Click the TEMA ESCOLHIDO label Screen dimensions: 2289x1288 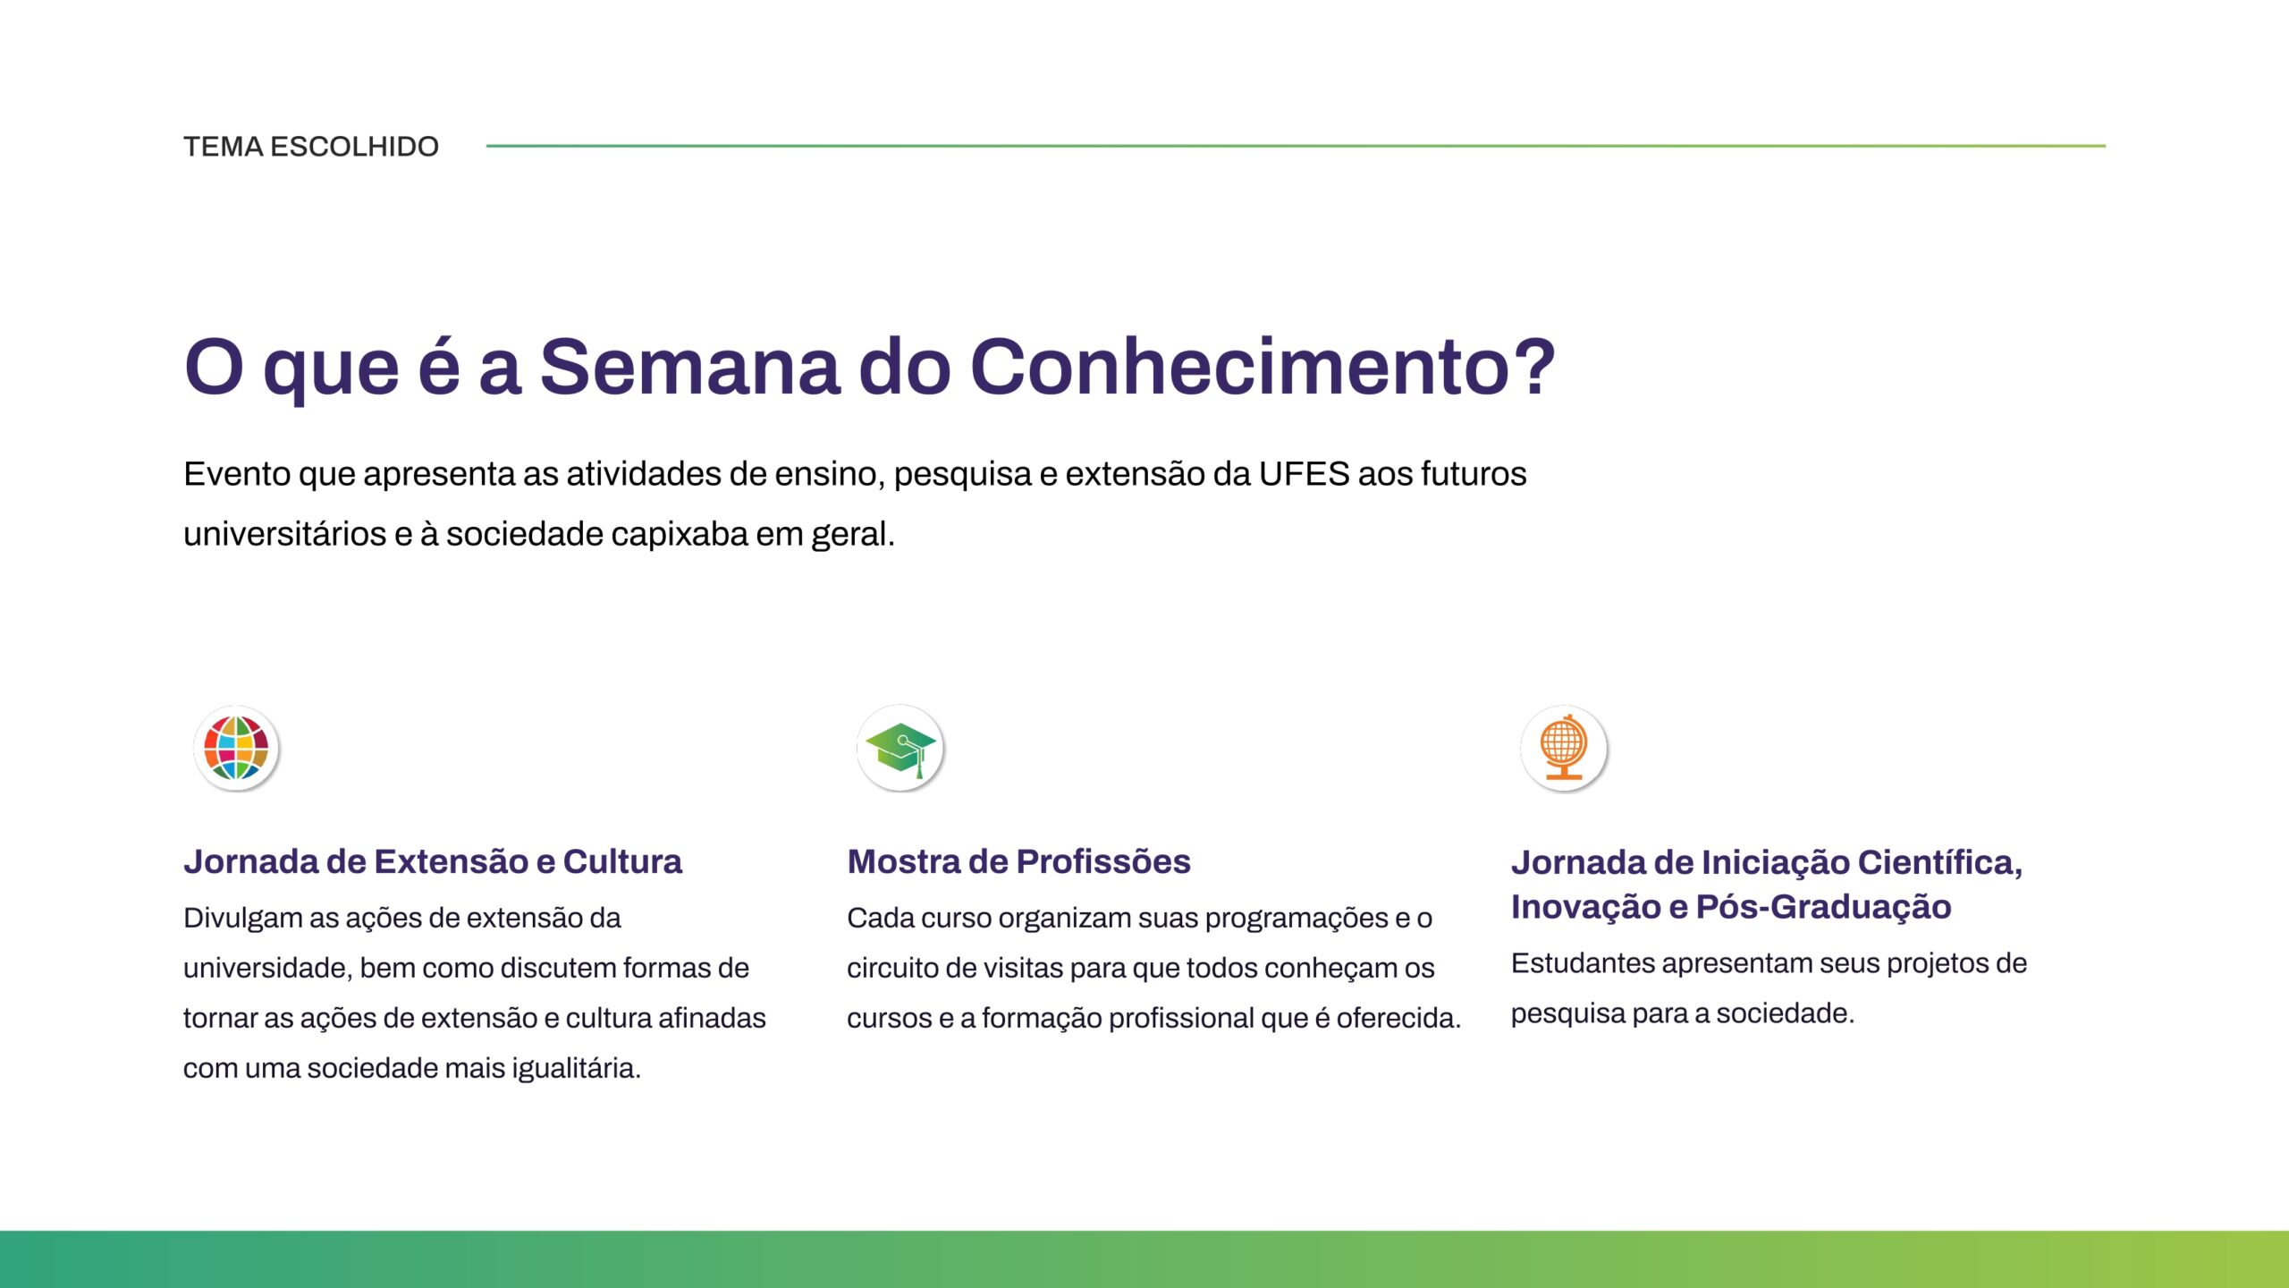[x=311, y=146]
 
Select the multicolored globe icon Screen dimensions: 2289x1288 [x=236, y=748]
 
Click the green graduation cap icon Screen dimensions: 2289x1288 [x=900, y=748]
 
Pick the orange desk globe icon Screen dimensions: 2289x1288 [x=1564, y=748]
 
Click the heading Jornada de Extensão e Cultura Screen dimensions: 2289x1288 [x=433, y=861]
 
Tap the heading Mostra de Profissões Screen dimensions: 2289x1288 [x=1018, y=861]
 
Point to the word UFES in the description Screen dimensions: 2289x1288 [x=1304, y=474]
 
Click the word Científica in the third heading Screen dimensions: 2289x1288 [x=1939, y=863]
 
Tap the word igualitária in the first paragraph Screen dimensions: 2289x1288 [x=576, y=1068]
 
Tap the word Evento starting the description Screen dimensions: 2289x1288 [x=237, y=474]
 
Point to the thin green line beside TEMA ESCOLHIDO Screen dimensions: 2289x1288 [x=1296, y=146]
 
